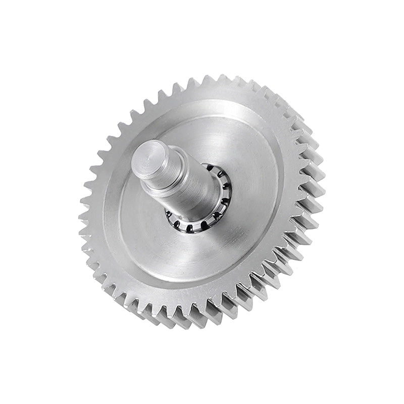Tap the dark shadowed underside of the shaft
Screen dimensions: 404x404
(x=177, y=202)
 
